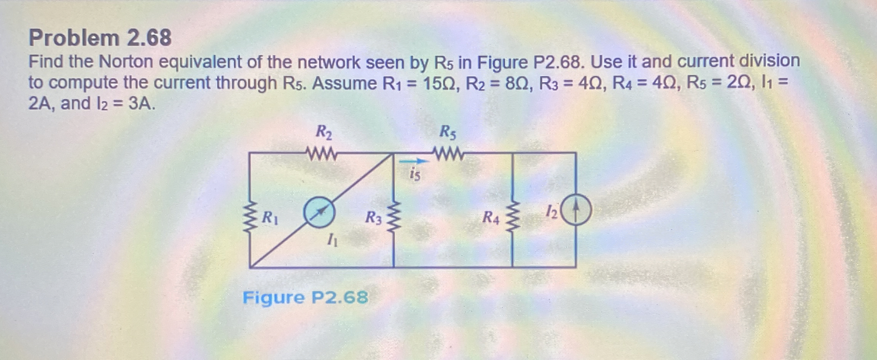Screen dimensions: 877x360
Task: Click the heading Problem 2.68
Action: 100,38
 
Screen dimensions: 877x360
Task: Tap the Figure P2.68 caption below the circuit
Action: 305,297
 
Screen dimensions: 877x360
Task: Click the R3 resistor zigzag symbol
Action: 393,218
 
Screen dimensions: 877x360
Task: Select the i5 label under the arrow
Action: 415,175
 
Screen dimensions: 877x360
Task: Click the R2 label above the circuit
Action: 324,132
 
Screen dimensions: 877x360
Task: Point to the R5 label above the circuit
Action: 448,132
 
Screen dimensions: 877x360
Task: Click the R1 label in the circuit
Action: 270,218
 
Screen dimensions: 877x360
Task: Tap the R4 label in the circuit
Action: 490,218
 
